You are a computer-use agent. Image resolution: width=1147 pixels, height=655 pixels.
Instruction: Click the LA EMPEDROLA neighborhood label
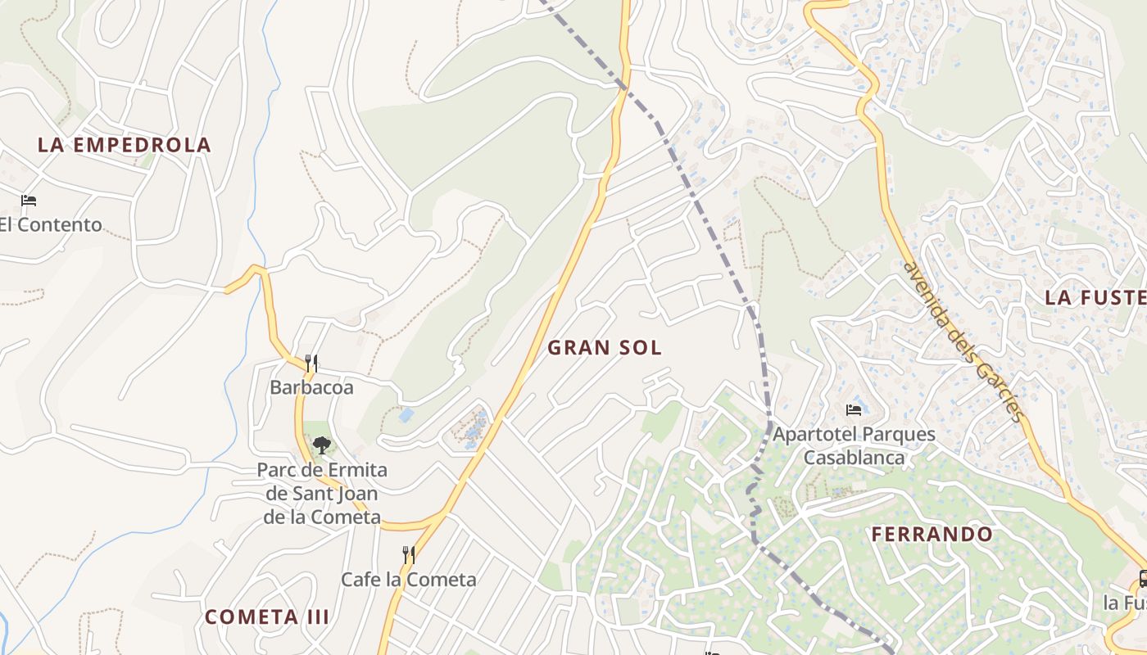pyautogui.click(x=125, y=145)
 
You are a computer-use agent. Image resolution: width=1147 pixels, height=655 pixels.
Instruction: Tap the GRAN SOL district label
pyautogui.click(x=605, y=347)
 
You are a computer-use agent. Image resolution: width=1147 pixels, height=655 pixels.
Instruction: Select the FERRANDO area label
pyautogui.click(x=932, y=535)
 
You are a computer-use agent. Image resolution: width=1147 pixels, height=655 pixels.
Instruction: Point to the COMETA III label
pyautogui.click(x=267, y=617)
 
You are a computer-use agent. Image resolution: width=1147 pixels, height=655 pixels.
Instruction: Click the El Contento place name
pyautogui.click(x=51, y=224)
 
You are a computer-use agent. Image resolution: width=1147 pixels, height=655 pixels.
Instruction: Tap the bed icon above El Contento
pyautogui.click(x=29, y=200)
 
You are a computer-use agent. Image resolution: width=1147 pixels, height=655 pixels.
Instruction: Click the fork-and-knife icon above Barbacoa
pyautogui.click(x=311, y=363)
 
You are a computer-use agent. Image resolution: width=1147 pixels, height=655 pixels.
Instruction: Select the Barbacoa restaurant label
pyautogui.click(x=311, y=387)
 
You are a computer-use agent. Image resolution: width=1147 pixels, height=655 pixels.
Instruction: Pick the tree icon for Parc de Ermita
pyautogui.click(x=321, y=445)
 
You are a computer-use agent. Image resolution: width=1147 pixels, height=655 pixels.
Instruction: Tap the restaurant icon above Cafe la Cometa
pyautogui.click(x=408, y=555)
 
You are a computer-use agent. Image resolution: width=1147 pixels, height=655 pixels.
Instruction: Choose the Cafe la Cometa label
pyautogui.click(x=408, y=580)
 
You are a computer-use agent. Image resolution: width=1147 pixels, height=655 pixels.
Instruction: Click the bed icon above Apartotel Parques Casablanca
pyautogui.click(x=854, y=409)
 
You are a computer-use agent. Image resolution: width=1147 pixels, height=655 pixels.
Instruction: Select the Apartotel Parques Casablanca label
pyautogui.click(x=854, y=445)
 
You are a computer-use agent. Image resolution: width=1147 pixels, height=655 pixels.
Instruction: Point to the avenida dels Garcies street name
pyautogui.click(x=963, y=341)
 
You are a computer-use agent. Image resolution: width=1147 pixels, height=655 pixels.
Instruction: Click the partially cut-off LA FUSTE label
pyautogui.click(x=1094, y=297)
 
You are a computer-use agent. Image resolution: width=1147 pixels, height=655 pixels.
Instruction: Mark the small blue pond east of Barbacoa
pyautogui.click(x=406, y=415)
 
